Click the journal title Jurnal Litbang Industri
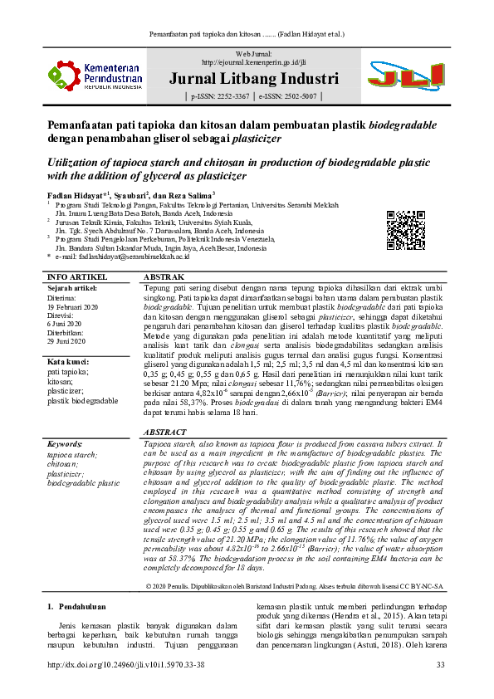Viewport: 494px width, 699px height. (253, 80)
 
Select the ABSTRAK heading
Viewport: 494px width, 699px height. (164, 276)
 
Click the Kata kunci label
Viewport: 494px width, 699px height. (68, 362)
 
